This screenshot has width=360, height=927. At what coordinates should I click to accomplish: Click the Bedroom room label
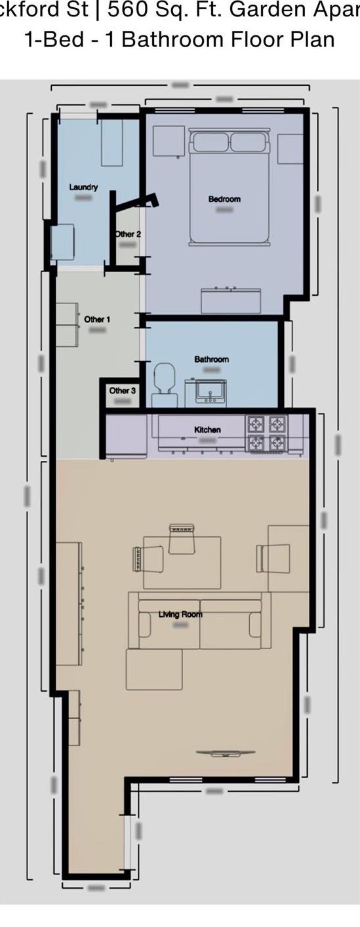(x=224, y=199)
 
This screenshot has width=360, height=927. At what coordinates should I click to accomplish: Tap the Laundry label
(x=83, y=187)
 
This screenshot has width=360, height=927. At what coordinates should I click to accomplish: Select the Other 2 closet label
(x=128, y=234)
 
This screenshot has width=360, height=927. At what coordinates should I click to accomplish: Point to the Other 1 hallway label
(x=97, y=319)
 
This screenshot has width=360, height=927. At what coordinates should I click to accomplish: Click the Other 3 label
(x=123, y=391)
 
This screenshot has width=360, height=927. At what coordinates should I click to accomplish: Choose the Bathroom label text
(x=211, y=359)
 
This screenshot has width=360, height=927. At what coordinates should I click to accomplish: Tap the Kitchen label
(x=207, y=429)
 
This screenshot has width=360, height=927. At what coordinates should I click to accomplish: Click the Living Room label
(x=180, y=614)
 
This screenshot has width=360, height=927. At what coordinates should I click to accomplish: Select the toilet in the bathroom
(x=164, y=387)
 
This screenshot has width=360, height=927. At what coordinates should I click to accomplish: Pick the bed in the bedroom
(x=229, y=187)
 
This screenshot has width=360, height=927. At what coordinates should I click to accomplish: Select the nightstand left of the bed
(x=169, y=141)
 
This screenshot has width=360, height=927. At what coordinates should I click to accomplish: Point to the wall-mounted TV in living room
(x=224, y=753)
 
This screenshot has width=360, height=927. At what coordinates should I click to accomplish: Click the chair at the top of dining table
(x=182, y=539)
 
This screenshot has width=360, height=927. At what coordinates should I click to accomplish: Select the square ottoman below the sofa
(x=154, y=669)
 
